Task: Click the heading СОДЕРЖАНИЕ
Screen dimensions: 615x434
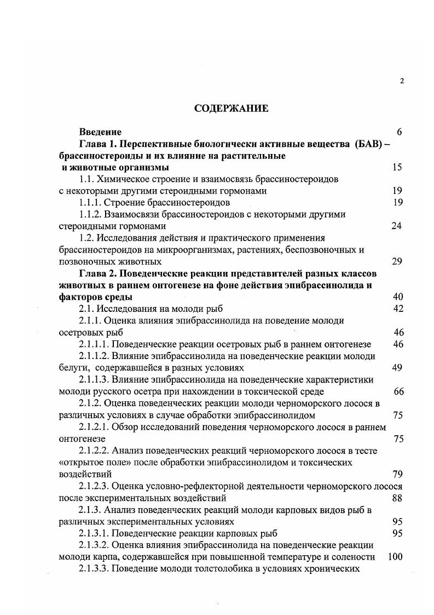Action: [232, 109]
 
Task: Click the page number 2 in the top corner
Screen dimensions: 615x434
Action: [402, 81]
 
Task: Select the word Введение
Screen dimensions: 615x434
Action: [100, 132]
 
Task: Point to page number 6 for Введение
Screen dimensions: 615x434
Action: [400, 132]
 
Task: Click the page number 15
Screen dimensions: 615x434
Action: [397, 167]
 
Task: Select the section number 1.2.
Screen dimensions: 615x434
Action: [86, 237]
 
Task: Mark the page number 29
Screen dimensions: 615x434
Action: [397, 261]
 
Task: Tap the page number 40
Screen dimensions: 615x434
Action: [398, 297]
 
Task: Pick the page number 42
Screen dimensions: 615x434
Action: [398, 309]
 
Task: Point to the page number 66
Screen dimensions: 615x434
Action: [398, 391]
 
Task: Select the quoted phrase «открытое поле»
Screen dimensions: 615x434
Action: [88, 462]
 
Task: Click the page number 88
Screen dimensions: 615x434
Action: [398, 498]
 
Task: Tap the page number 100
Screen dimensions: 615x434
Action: [395, 557]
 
